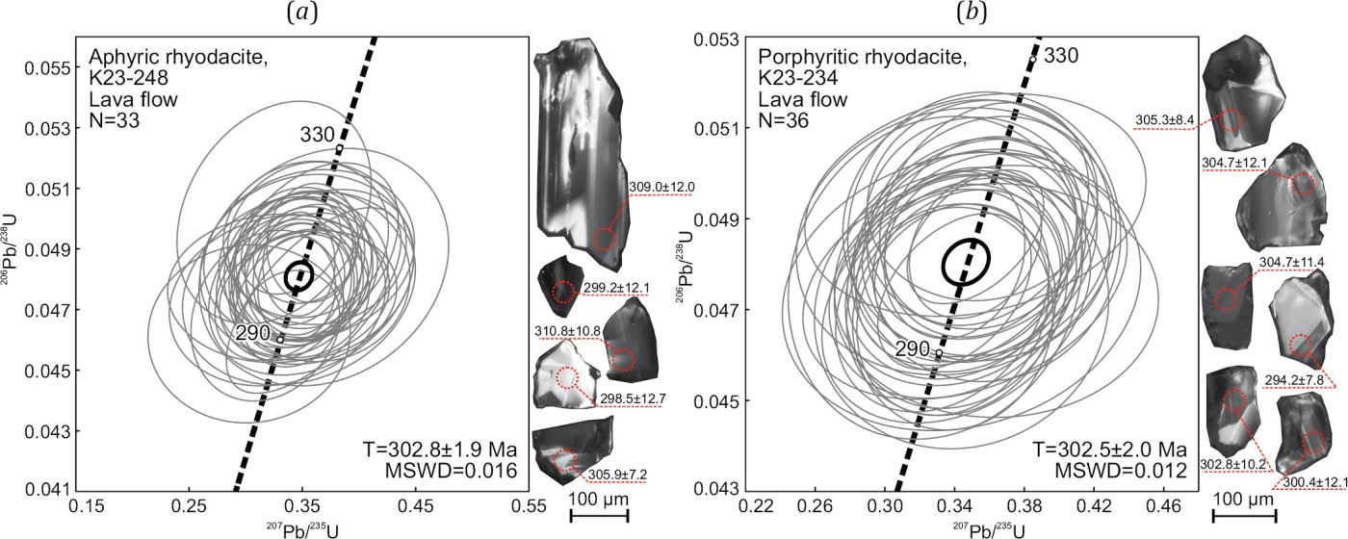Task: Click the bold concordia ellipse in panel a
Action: click(299, 276)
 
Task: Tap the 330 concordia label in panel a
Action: click(320, 133)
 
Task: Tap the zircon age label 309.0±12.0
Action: click(661, 186)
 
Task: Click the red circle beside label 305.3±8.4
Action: click(1230, 121)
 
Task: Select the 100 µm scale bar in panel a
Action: click(600, 515)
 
